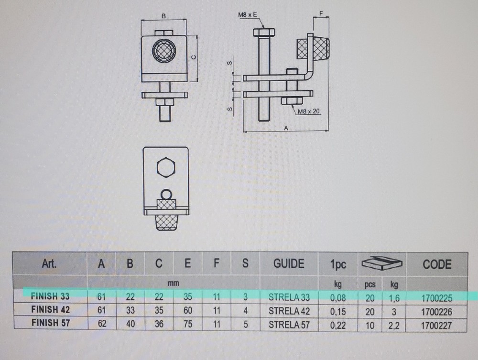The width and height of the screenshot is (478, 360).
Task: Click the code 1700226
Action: tap(437, 311)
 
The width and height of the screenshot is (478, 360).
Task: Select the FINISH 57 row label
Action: tap(51, 323)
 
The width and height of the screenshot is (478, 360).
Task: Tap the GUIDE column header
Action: tap(289, 263)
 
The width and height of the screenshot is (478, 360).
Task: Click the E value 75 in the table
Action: tap(187, 324)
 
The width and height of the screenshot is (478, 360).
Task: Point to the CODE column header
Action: tap(437, 264)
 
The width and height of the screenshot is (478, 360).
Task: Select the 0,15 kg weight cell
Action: tap(338, 311)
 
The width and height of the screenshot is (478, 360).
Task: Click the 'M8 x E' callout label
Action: tap(248, 16)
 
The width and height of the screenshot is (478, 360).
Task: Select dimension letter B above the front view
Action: tap(163, 16)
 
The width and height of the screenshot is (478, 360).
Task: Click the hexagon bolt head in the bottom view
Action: tap(167, 167)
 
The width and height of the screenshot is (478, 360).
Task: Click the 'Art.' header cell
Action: tap(49, 263)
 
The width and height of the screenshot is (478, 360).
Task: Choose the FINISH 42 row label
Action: tap(51, 310)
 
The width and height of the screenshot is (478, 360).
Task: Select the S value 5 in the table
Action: tap(245, 324)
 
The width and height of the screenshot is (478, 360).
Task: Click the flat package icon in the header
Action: tap(382, 263)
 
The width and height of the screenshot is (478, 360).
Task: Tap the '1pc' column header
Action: tap(338, 264)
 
